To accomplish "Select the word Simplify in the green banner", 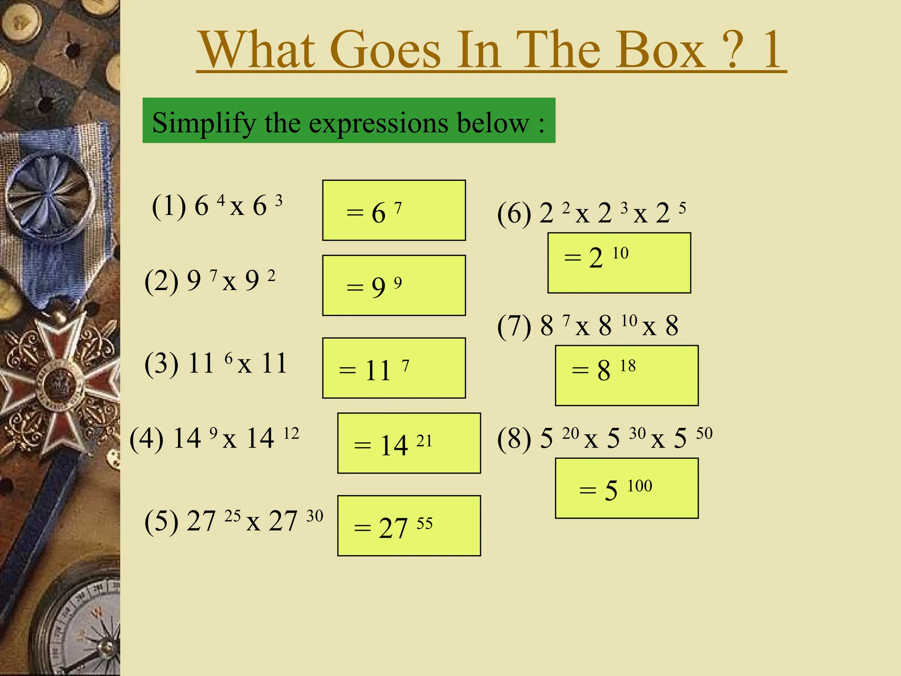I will click(x=203, y=123).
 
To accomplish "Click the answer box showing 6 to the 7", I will click(x=394, y=210).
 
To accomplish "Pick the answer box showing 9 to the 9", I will click(x=394, y=286).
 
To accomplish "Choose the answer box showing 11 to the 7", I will click(x=394, y=368).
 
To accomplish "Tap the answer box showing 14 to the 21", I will click(x=409, y=443).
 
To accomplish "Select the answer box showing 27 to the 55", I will click(x=409, y=526).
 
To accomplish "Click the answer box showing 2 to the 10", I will click(x=619, y=263).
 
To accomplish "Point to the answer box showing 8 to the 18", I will click(x=626, y=375).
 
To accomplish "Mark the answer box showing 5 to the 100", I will click(x=626, y=488).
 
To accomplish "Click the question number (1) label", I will click(x=169, y=206).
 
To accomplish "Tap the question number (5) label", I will click(x=161, y=521).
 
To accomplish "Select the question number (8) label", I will click(x=514, y=439).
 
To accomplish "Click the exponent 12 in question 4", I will click(x=291, y=434).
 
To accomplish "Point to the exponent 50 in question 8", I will click(x=704, y=434).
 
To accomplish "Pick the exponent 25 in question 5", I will click(x=232, y=516).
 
